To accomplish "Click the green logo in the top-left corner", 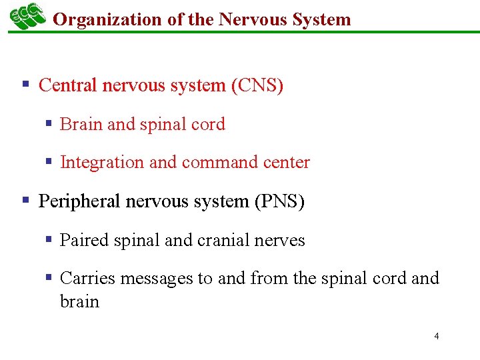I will coord(27,16).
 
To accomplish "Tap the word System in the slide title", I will coord(321,19).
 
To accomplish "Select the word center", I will coord(286,163).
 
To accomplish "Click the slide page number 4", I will coord(437,336).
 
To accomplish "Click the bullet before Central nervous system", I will coord(25,85).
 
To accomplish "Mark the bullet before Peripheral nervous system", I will coord(25,200).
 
